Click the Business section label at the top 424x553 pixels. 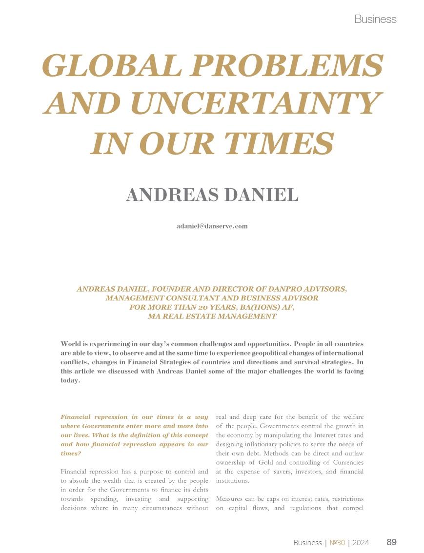pos(375,19)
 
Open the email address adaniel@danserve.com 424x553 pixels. pos(212,226)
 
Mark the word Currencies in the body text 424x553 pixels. pos(347,462)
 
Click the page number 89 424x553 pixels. pos(391,542)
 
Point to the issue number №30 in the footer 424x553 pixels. pos(337,542)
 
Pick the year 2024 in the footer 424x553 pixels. pos(361,542)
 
